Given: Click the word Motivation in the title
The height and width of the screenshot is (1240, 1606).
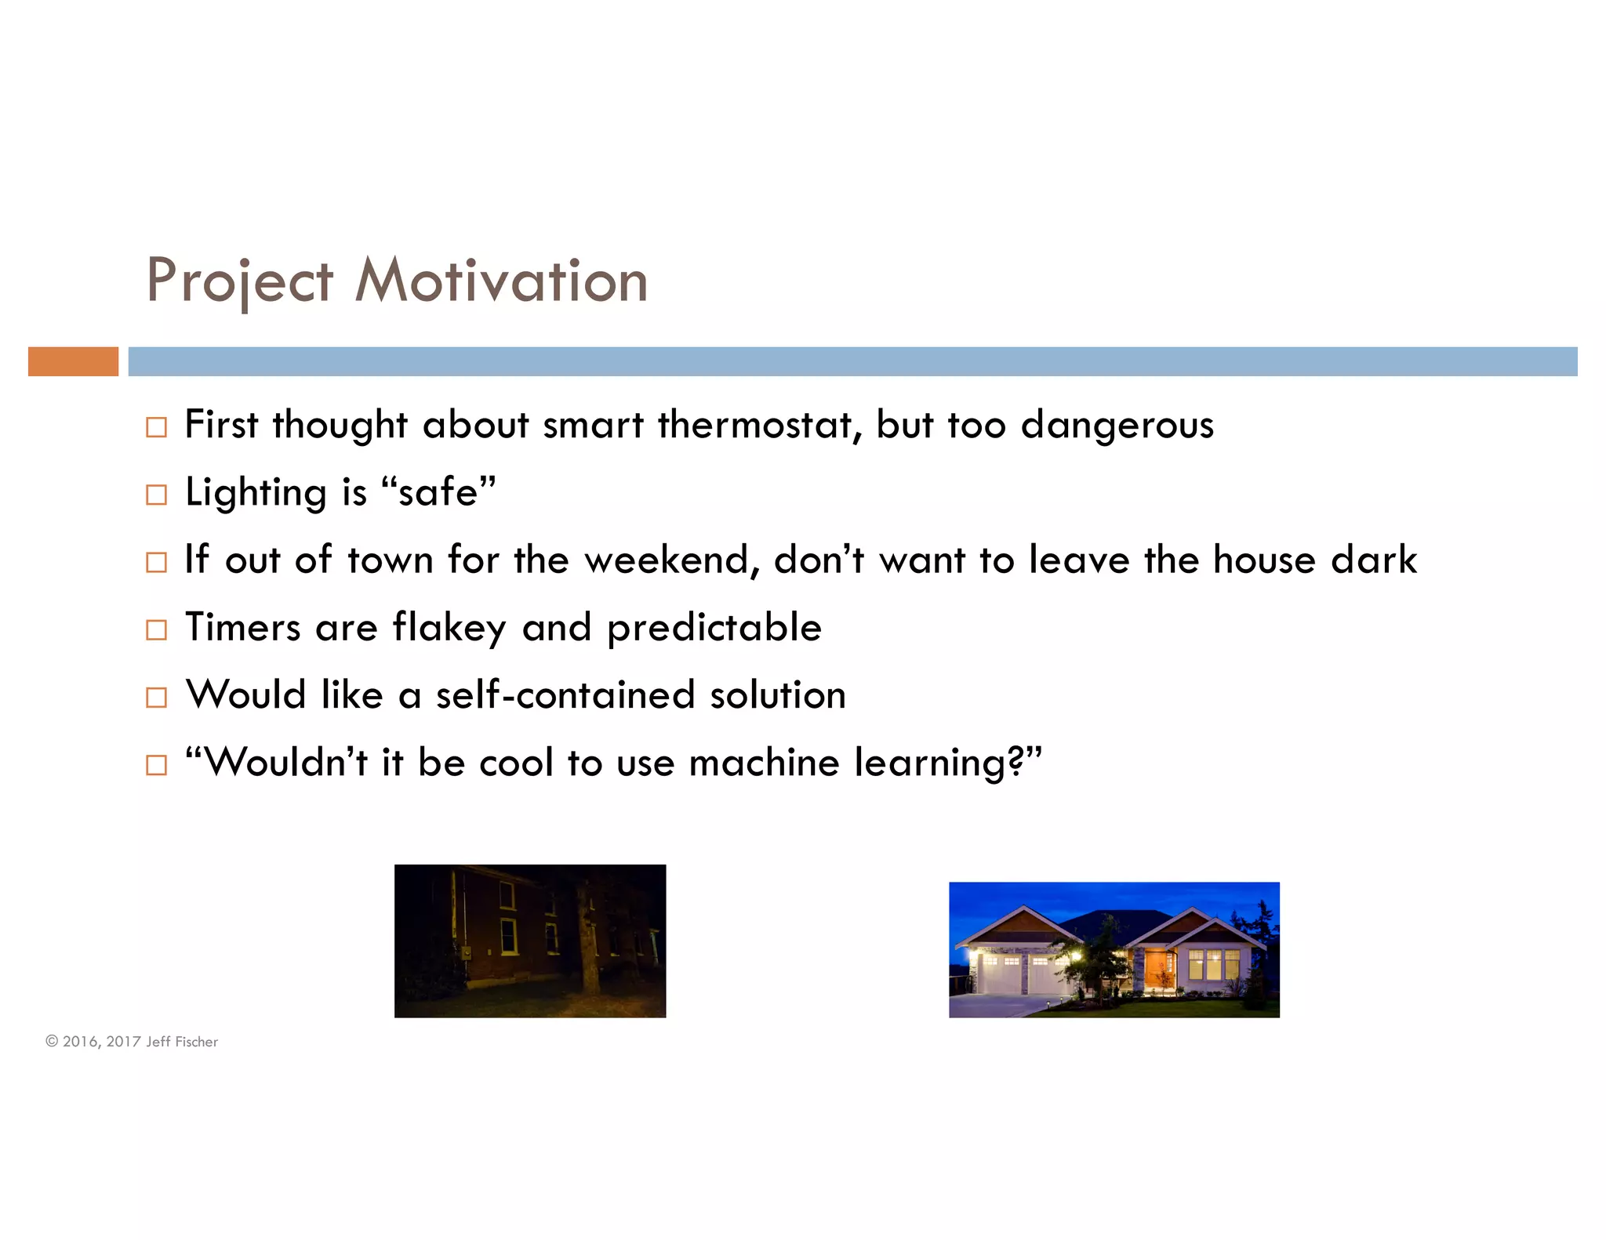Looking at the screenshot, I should point(502,281).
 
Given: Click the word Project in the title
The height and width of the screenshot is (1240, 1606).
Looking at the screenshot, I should point(240,281).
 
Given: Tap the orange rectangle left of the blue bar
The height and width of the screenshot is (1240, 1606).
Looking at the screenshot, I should point(73,361).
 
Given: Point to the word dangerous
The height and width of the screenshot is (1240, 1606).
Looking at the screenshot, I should point(1117,425).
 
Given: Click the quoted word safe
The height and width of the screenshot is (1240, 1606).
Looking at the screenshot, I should point(438,492).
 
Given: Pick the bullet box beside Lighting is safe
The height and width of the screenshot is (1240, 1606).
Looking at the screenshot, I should point(157,495).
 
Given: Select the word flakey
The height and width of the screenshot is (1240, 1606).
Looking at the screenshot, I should point(449,628).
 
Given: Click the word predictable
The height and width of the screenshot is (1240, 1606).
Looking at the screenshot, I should point(714,628).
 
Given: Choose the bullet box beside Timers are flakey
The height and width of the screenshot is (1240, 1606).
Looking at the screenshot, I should point(157,629).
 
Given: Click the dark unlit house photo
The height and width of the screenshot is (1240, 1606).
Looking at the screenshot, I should point(530,941).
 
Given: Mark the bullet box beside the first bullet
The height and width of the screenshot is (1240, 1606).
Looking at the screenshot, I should point(157,427).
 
